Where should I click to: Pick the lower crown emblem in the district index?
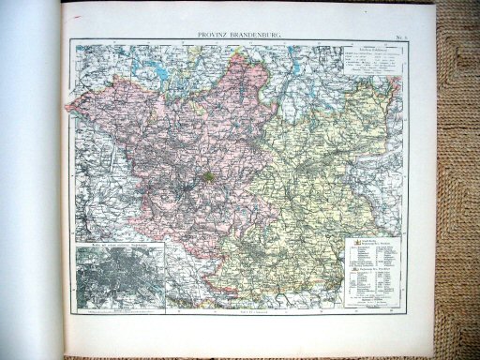353,275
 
